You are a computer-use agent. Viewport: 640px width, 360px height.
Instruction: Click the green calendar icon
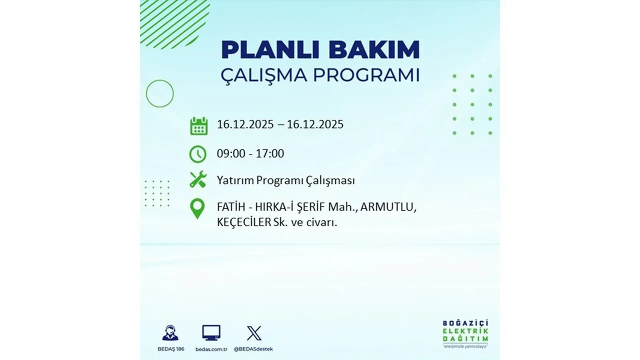coord(198,125)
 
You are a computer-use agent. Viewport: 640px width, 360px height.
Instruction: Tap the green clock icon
coord(198,154)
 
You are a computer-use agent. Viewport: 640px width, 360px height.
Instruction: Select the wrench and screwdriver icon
coord(198,179)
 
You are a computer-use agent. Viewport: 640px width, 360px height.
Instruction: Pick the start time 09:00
coord(231,154)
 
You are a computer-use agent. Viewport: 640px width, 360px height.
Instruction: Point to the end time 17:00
coord(269,154)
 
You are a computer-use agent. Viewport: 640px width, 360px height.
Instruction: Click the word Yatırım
coord(235,180)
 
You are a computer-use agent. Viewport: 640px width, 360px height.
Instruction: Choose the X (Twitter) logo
coord(254,333)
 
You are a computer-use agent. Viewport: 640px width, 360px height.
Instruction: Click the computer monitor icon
coord(211,332)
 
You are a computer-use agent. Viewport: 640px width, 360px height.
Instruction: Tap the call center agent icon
coord(170,333)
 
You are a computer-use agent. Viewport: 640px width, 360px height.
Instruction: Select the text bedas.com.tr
coord(211,349)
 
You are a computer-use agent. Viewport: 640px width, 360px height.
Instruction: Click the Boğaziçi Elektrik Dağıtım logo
coord(465,333)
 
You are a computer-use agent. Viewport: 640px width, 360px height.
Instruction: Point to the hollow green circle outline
coord(159,93)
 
